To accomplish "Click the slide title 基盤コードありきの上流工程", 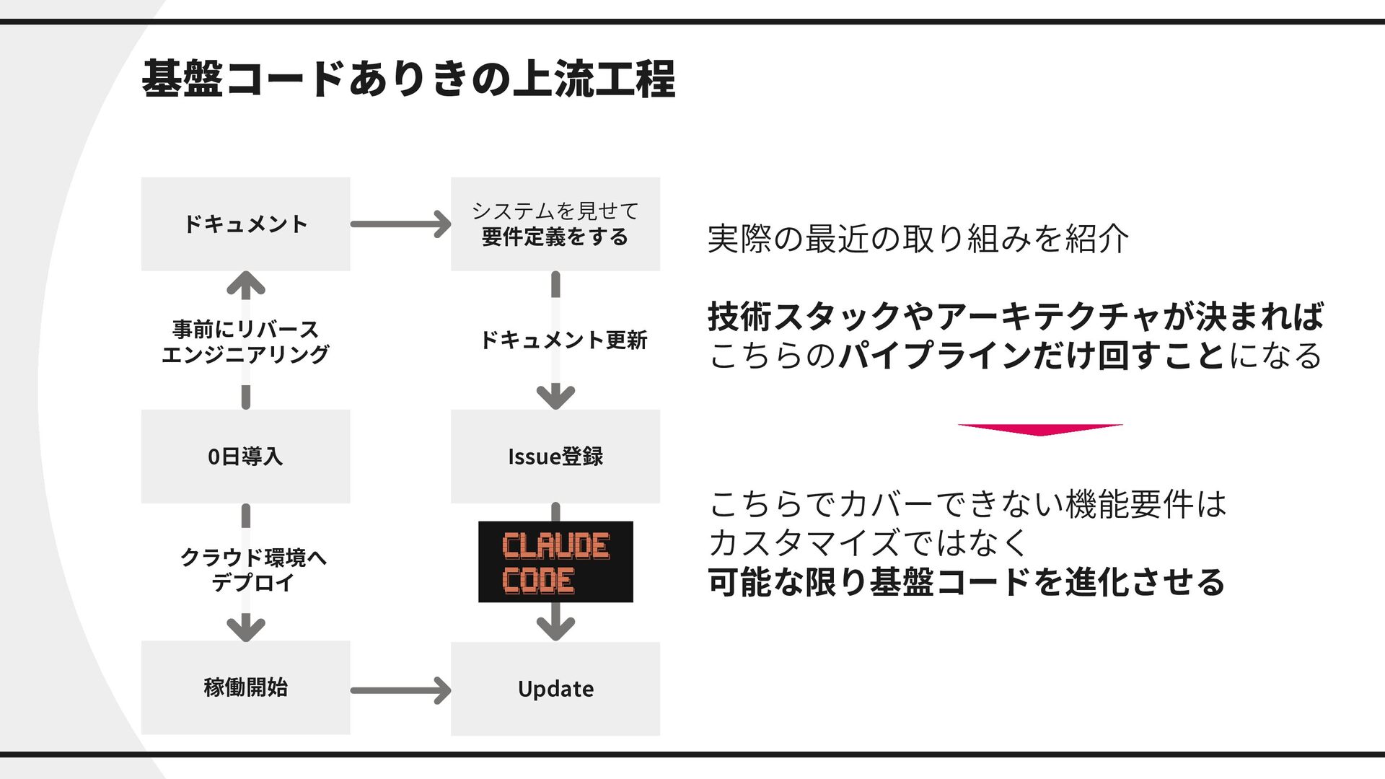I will (x=408, y=79).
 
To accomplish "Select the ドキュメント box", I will (x=245, y=224).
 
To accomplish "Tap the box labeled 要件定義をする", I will (x=555, y=224).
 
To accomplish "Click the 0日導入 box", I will (x=245, y=456).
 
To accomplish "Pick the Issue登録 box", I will (x=555, y=456).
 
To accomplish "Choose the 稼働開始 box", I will (x=245, y=687).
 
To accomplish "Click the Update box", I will (x=555, y=689).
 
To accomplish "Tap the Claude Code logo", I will (x=555, y=562).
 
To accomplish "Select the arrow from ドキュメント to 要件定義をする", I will (x=400, y=224).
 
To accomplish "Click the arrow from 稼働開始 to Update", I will (x=400, y=690).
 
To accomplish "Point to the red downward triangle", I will (x=1039, y=429).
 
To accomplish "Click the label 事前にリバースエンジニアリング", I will (x=245, y=341).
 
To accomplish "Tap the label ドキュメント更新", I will (x=563, y=340).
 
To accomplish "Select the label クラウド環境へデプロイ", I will (x=252, y=569).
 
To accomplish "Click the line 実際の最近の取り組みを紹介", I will (x=918, y=239).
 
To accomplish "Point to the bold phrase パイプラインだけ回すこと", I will (x=1032, y=356).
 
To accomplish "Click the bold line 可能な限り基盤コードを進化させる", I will (x=967, y=582).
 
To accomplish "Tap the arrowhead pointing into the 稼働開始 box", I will (x=245, y=628).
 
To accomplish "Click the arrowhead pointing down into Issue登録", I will (x=555, y=396).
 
